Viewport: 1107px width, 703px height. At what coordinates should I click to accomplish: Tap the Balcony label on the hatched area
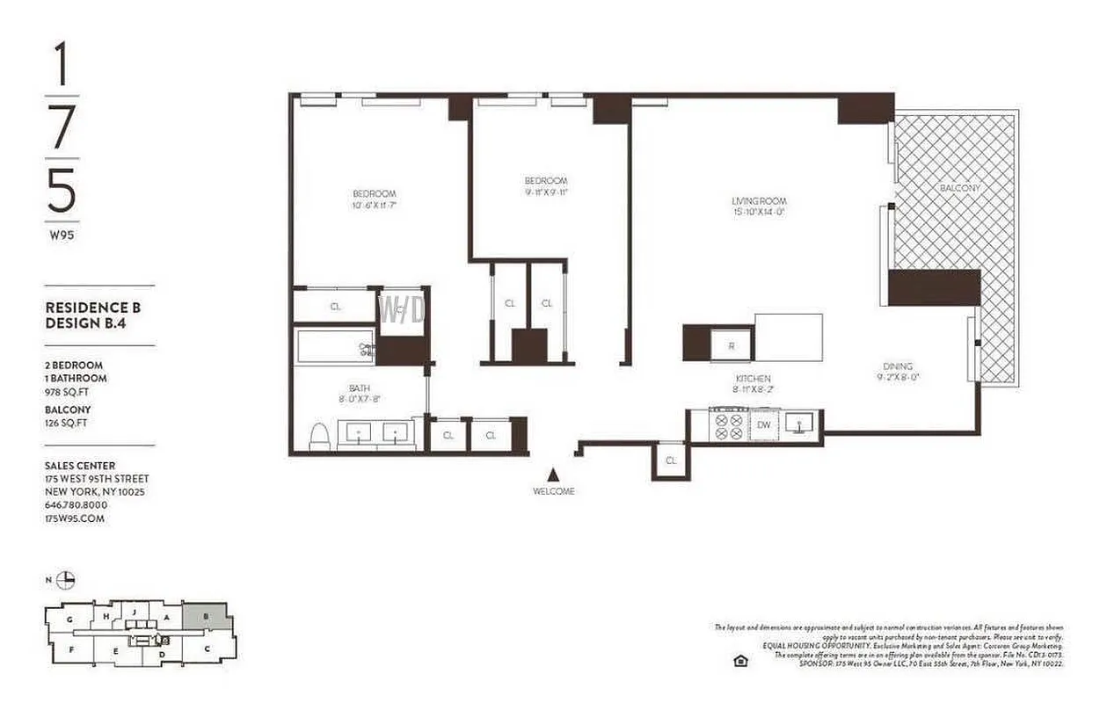point(959,188)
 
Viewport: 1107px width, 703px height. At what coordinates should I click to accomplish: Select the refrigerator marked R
point(731,344)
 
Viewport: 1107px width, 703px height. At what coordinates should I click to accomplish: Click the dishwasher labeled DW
point(763,426)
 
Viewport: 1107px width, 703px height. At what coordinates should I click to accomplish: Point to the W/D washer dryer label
point(402,308)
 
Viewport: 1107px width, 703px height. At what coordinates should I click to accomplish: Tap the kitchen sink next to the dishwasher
point(801,426)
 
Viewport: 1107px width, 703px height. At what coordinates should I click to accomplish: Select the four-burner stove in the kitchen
point(730,427)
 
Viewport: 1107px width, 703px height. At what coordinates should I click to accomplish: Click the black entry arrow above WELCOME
point(553,474)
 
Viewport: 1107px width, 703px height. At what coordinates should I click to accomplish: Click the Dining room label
point(898,366)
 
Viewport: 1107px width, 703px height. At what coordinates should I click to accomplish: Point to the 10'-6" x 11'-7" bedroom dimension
point(375,206)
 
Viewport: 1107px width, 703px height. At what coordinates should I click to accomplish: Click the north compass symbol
point(66,579)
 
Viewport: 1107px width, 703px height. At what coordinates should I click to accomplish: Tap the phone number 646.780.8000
point(76,505)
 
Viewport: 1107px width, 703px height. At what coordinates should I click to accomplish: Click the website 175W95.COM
point(75,518)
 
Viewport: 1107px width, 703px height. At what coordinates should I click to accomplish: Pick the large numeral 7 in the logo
point(62,128)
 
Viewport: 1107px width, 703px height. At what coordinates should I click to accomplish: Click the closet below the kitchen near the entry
point(671,460)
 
